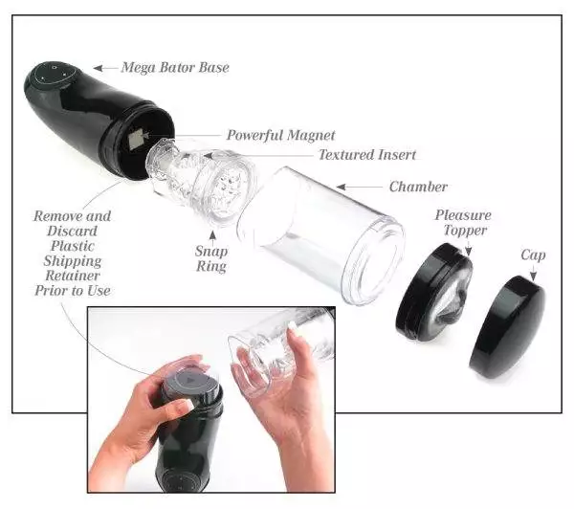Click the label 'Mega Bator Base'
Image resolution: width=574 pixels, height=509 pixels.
tap(175, 68)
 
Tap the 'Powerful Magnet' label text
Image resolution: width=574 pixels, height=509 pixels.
tap(280, 135)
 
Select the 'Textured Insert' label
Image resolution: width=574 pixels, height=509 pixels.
tap(367, 154)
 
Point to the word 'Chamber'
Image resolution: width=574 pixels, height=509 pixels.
tap(418, 187)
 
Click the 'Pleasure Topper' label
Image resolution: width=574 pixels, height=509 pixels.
tap(461, 223)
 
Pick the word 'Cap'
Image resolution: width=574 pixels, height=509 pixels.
tap(533, 255)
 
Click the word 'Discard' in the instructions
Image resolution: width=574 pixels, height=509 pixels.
tap(72, 231)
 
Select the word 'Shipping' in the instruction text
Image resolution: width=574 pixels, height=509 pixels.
tap(73, 260)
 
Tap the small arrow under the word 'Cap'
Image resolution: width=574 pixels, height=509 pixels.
tap(533, 275)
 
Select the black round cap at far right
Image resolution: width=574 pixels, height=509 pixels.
tap(507, 325)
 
